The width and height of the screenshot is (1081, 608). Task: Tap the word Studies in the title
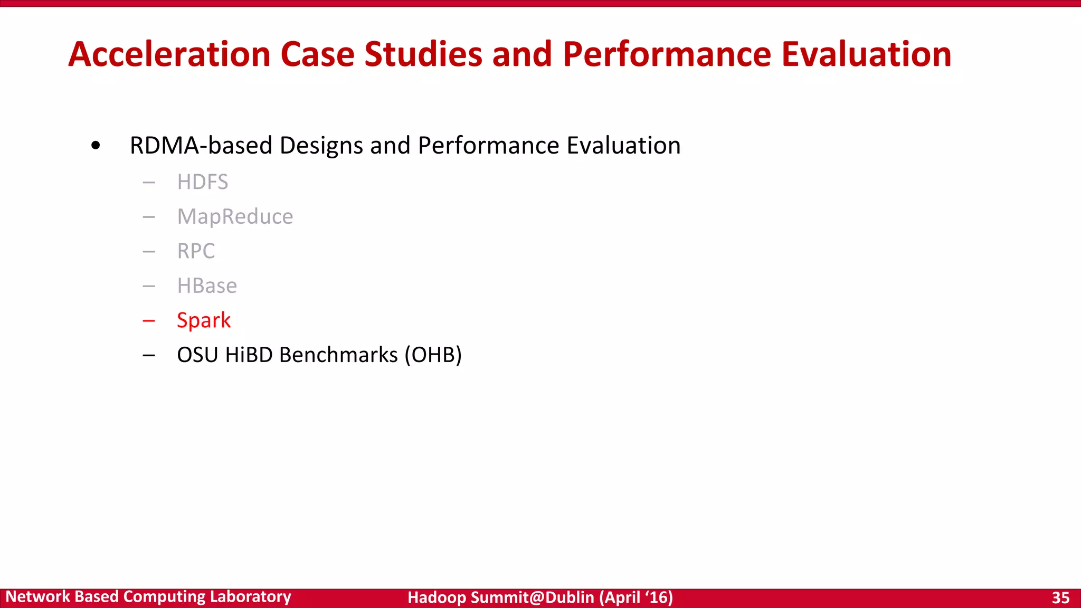coord(423,54)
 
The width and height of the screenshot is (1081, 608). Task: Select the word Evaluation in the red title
coord(866,54)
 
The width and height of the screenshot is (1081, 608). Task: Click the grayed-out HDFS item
coord(203,182)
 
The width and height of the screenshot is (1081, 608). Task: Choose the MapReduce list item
coord(235,217)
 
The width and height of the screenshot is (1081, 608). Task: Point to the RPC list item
coord(196,251)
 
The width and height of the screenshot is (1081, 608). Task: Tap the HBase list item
coord(207,286)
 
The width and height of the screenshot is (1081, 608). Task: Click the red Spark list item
coord(204,320)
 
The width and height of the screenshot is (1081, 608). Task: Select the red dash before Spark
coord(149,320)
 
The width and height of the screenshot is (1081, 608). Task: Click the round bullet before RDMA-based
coord(96,146)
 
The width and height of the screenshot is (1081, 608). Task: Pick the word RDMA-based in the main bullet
coord(201,146)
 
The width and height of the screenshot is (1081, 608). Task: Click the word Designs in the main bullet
coord(321,146)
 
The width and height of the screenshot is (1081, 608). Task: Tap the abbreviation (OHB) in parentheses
coord(433,355)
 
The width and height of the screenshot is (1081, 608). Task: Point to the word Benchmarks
coord(338,355)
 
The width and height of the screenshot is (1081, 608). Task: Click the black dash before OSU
coord(149,355)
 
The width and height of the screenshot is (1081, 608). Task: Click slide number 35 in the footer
coord(1060,597)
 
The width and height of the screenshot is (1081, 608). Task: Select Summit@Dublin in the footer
coord(532,597)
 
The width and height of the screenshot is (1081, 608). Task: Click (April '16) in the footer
coord(636,597)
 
